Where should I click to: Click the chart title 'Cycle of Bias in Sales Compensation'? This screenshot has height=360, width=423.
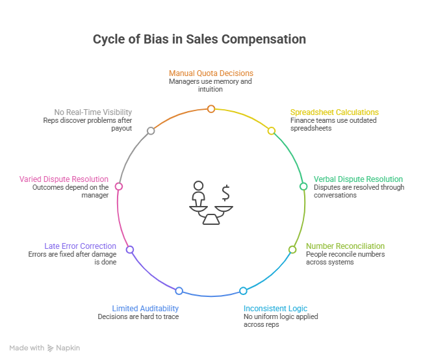199,39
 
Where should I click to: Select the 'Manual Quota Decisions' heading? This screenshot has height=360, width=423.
211,73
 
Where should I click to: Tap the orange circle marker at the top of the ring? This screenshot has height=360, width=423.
211,109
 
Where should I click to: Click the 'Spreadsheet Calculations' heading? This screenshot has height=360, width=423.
334,112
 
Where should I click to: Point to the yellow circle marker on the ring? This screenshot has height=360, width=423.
272,131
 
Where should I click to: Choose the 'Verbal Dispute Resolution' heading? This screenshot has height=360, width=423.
358,179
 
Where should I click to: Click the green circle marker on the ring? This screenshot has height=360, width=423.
303,186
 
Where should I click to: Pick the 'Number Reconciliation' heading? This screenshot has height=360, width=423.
345,246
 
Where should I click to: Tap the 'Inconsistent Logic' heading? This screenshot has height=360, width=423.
276,309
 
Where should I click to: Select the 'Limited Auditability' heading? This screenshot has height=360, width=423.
145,309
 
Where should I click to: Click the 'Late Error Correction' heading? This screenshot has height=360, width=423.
81,246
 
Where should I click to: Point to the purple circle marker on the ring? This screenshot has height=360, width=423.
130,250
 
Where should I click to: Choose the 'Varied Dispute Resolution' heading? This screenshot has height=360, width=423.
64,179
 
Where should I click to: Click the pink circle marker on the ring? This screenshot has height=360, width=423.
119,186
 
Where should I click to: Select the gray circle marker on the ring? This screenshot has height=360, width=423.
151,131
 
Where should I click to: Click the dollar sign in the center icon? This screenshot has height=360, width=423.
225,192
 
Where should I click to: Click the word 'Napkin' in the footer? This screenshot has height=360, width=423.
68,348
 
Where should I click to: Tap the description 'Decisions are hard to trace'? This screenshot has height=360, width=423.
138,317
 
